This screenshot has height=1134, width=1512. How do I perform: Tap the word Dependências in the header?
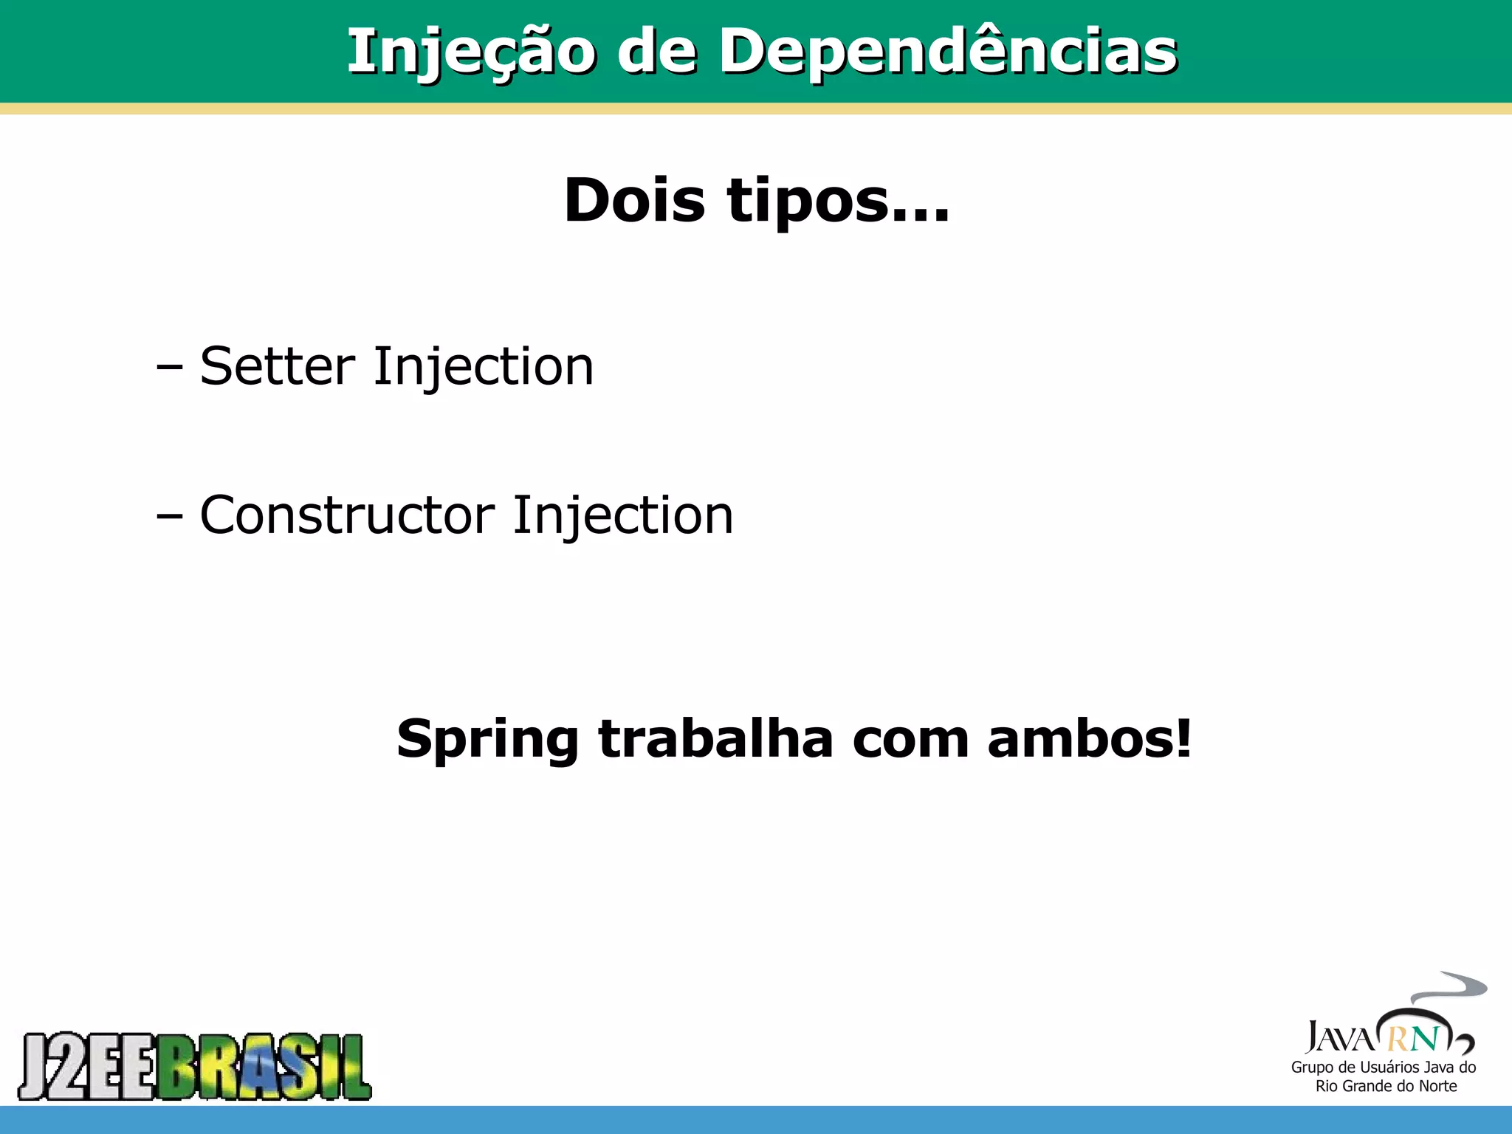tap(948, 52)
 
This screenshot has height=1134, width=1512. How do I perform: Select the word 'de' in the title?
tap(656, 52)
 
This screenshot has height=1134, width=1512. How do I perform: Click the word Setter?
tap(278, 366)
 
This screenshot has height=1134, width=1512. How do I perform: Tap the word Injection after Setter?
tap(484, 368)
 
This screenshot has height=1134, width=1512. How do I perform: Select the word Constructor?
tap(347, 515)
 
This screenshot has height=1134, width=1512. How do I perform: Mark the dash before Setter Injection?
tap(169, 367)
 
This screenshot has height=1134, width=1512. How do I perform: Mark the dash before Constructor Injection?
tap(169, 516)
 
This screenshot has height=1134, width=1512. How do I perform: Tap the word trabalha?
tap(715, 738)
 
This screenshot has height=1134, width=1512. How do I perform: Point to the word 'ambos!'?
tap(1089, 738)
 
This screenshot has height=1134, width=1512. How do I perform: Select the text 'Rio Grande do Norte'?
tap(1386, 1086)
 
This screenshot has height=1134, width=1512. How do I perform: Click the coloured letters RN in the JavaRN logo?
tap(1414, 1039)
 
